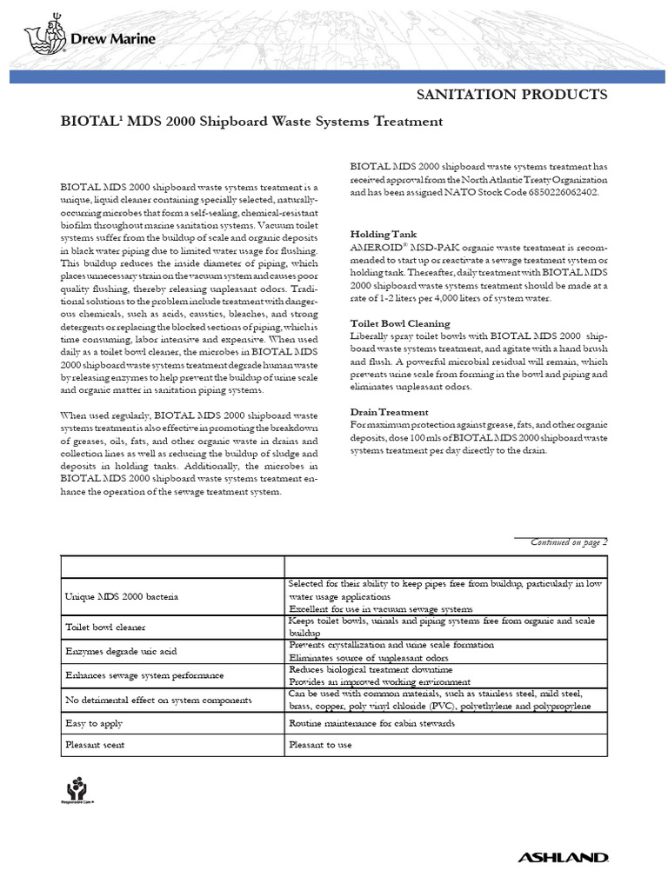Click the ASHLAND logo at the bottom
563,858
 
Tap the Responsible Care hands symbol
78,789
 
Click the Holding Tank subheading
383,235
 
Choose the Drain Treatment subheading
389,411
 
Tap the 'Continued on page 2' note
569,541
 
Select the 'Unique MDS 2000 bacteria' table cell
122,598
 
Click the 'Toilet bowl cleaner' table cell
106,627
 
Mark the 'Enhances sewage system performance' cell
144,675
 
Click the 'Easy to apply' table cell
95,723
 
